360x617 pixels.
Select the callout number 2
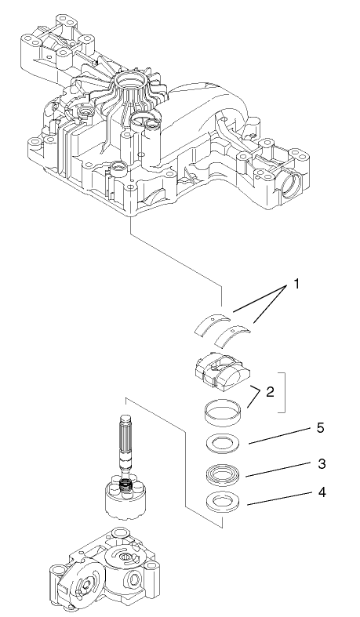click(270, 391)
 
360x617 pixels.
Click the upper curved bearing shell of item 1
click(212, 321)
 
